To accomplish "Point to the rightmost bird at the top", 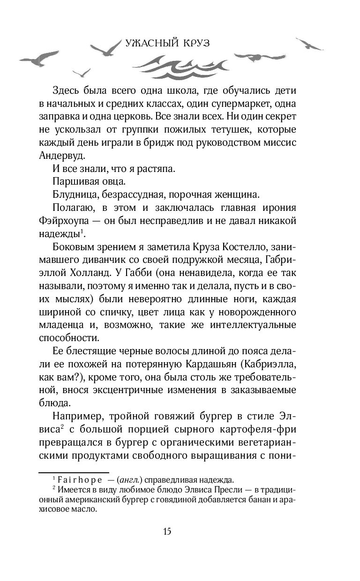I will [310, 45].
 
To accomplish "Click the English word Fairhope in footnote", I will [82, 480].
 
